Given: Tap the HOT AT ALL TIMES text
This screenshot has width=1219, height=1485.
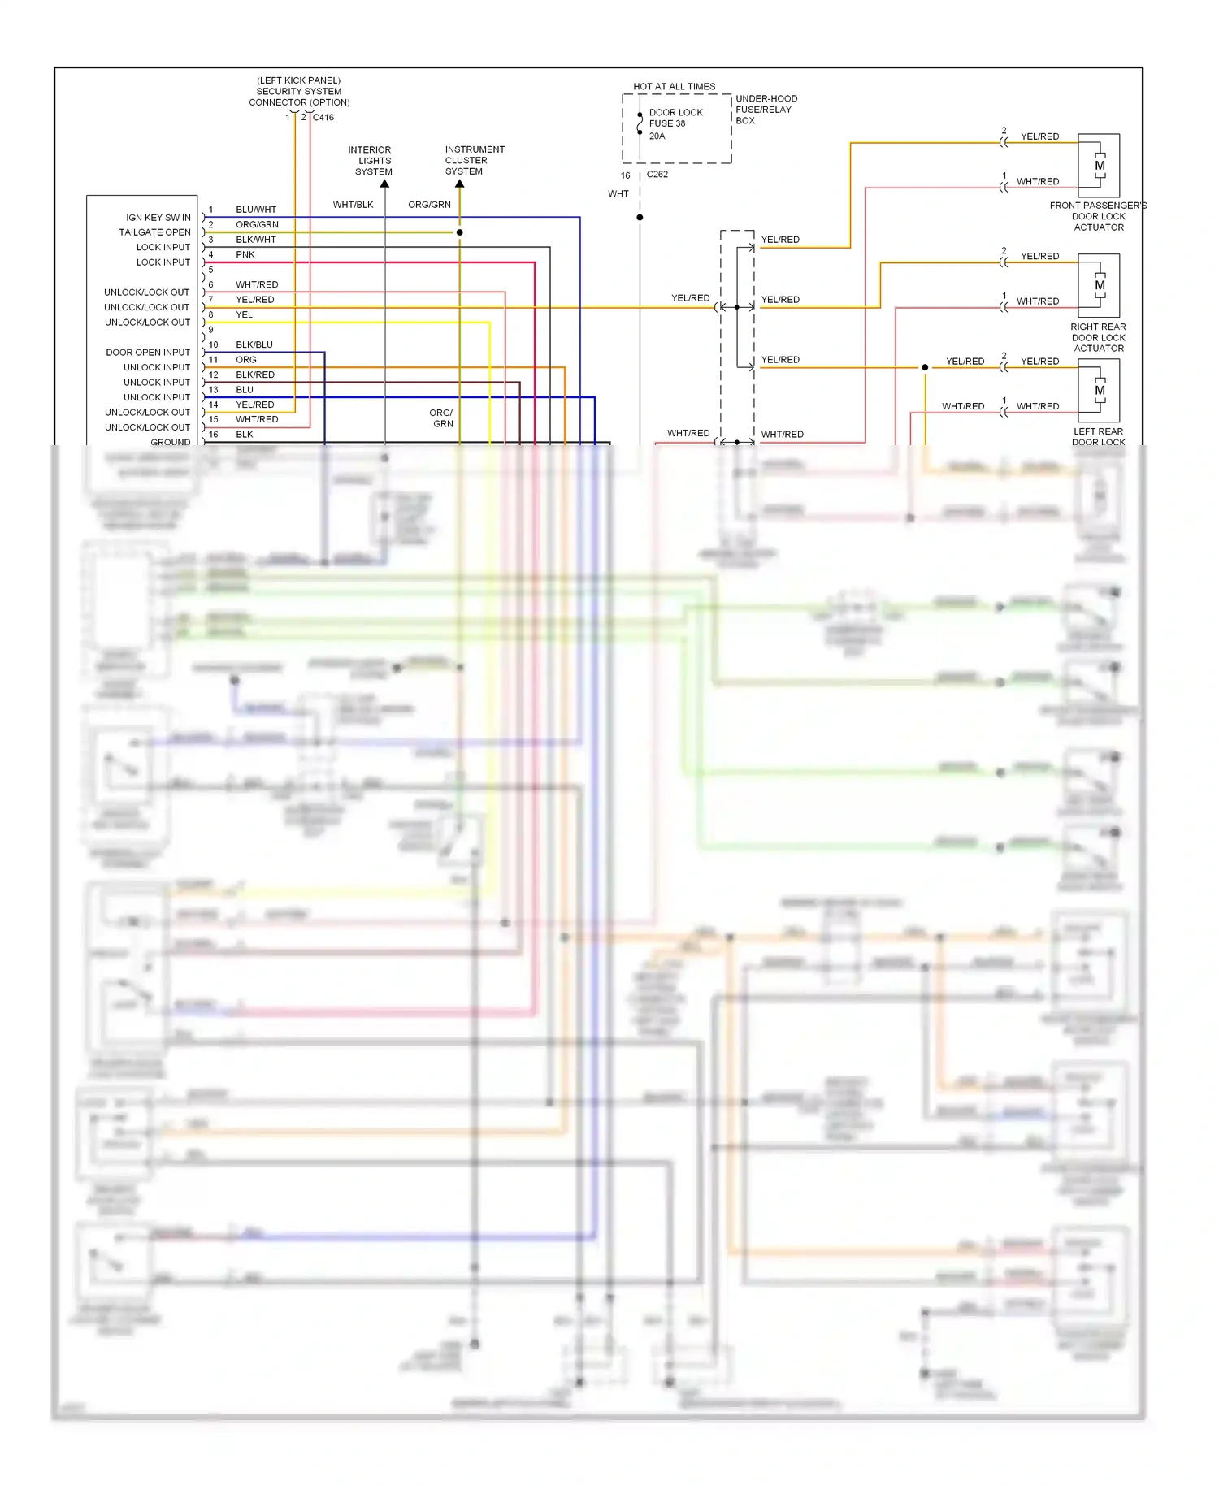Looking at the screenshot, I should coord(674,86).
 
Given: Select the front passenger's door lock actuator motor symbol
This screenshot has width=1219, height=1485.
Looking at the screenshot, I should coord(1099,166).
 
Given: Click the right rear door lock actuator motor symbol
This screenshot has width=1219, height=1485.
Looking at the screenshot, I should coord(1099,285).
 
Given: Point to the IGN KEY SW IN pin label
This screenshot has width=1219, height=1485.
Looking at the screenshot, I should coord(158,218).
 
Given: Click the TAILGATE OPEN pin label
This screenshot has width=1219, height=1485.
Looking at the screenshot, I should coord(154,232).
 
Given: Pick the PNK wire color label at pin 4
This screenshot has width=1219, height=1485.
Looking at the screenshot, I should coord(245,254).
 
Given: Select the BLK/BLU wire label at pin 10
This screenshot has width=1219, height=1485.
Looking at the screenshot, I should coord(254,344).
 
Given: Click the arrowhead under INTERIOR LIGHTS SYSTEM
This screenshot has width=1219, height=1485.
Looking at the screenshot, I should coord(384,184).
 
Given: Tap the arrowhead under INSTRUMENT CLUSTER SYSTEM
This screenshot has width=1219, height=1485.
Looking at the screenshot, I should coord(459,184).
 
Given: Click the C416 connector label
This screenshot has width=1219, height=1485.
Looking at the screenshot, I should coord(323,117).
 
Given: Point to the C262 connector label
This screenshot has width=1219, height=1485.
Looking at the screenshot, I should coord(657,174).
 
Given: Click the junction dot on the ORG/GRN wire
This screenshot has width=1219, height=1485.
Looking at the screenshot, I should coord(459,232).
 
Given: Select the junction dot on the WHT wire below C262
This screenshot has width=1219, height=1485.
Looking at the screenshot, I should coord(640,217).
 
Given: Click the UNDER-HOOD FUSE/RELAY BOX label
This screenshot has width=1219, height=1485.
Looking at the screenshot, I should coord(766,110).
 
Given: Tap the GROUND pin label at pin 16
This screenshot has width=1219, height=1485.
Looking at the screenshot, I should coord(170,442).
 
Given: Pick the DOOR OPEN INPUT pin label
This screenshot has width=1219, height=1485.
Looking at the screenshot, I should coord(147,352).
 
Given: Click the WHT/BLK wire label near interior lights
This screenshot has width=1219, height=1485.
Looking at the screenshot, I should coord(353,205).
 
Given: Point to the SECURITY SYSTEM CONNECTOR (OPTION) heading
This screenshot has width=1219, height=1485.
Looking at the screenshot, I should coord(299,91).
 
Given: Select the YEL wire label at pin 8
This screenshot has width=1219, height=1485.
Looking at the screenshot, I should coord(244,314).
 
